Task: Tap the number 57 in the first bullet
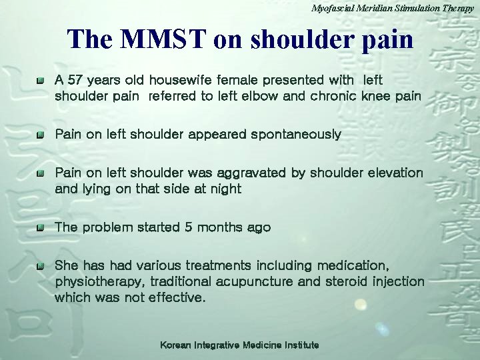75,80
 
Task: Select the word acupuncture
254,281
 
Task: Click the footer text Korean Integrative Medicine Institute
239,345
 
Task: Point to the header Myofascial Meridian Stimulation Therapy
392,8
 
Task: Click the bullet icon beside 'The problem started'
41,228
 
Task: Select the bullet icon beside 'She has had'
41,266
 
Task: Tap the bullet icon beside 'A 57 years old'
41,81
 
